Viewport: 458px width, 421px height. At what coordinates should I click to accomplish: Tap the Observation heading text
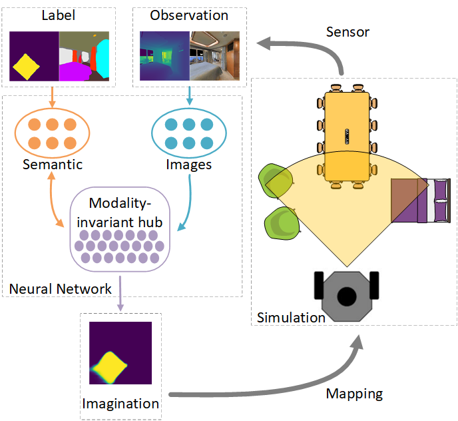[189, 15]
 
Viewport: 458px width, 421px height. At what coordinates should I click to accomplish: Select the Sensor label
[348, 32]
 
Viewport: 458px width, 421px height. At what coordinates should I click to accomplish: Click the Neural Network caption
[61, 288]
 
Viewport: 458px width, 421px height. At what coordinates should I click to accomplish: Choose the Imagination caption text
[120, 403]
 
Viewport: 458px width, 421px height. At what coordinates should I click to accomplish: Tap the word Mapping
[354, 393]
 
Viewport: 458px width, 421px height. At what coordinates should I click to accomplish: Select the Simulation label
[291, 317]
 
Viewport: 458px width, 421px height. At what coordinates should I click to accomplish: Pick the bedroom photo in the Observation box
[212, 58]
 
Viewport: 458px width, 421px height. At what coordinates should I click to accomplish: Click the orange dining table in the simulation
[346, 136]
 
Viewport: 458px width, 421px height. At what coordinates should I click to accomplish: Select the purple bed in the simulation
[419, 200]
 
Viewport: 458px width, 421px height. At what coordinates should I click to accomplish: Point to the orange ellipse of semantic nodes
[53, 133]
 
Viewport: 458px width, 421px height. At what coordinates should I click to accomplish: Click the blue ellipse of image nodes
[188, 133]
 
